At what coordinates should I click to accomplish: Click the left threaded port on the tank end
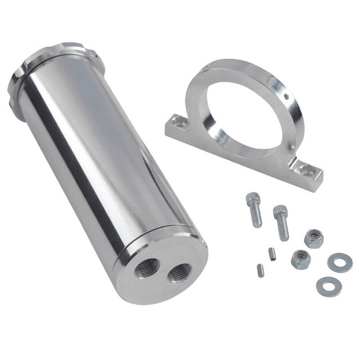pyautogui.click(x=145, y=270)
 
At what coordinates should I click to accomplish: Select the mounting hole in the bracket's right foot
pyautogui.click(x=306, y=169)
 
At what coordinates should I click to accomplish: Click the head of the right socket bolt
pyautogui.click(x=279, y=210)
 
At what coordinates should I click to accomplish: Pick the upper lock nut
pyautogui.click(x=313, y=238)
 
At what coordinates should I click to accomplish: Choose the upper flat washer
pyautogui.click(x=340, y=262)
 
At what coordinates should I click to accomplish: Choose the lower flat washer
pyautogui.click(x=328, y=287)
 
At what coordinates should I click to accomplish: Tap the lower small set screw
pyautogui.click(x=261, y=271)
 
